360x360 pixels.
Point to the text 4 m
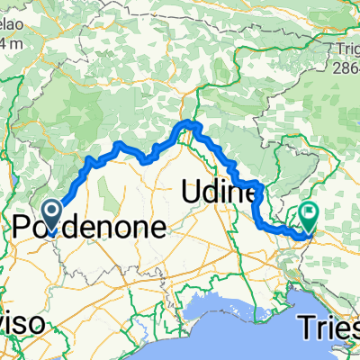tap(13, 41)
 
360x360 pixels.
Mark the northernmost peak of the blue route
tap(189, 121)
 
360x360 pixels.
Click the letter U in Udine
tap(191, 192)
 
